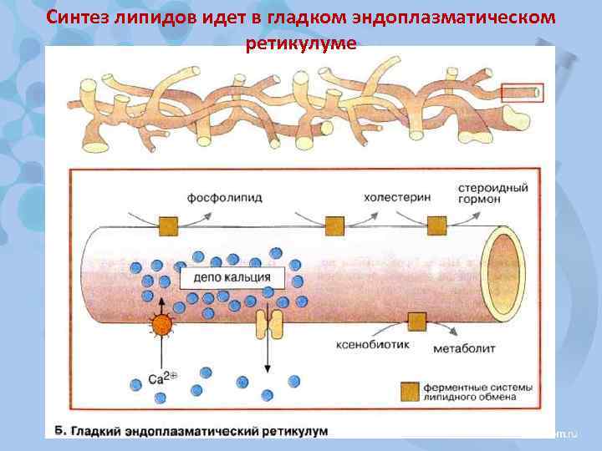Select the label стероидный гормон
click(x=493, y=194)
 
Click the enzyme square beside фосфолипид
click(x=169, y=225)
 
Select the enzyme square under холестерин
click(x=334, y=225)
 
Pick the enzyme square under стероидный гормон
click(x=436, y=225)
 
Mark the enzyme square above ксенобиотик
click(x=415, y=322)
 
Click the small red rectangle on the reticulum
click(x=522, y=92)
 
